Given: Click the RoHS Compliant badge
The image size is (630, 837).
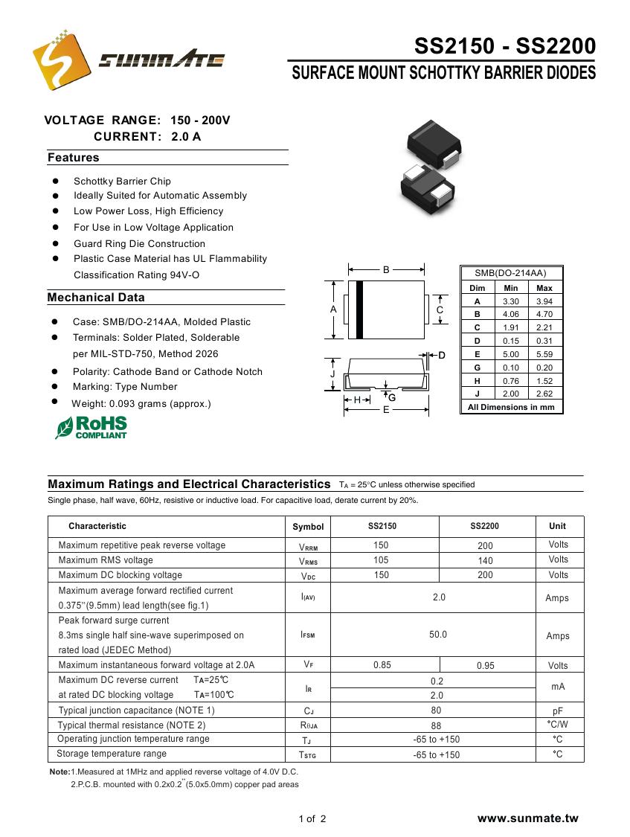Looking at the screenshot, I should (91, 427).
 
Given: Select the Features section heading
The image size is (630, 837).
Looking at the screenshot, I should (73, 158).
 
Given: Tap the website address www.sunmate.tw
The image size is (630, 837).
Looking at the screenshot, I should (527, 818).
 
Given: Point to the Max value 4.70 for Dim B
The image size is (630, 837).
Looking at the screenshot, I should (544, 314).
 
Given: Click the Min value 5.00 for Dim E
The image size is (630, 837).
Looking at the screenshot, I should (511, 354).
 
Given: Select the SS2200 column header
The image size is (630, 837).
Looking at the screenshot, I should (484, 526).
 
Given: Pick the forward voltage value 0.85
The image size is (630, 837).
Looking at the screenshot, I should (382, 665).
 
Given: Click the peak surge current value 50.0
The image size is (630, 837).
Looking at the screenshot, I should (438, 635).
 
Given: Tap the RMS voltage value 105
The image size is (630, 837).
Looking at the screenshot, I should (381, 560).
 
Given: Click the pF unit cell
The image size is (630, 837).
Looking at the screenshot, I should (557, 711).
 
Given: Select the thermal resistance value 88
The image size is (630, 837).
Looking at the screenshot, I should (436, 725).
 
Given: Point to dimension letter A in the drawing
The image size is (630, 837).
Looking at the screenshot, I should (333, 309).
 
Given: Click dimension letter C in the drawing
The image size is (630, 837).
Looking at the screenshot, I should (440, 310).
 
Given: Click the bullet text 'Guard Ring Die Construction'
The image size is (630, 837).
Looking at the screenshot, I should (139, 243).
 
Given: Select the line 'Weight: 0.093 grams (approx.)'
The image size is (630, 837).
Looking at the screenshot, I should (141, 404).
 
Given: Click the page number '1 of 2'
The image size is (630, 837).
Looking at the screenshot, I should (312, 819).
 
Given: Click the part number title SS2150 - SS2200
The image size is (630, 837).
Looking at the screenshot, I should (505, 47).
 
